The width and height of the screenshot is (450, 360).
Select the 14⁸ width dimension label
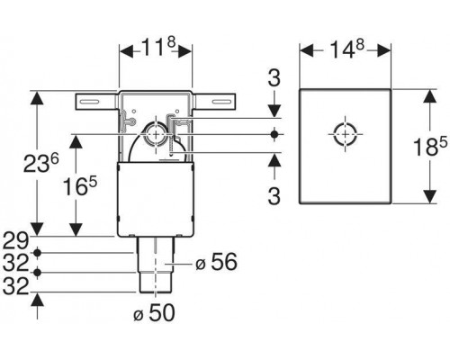point(346,49)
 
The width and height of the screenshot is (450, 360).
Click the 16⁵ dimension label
point(80,185)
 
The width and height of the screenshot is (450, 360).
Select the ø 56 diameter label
point(216,262)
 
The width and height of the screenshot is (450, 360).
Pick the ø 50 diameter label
point(154,313)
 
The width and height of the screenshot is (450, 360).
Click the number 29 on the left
point(15,240)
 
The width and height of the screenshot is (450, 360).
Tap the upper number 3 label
point(274,77)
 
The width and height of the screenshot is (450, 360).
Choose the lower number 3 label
point(274,195)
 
